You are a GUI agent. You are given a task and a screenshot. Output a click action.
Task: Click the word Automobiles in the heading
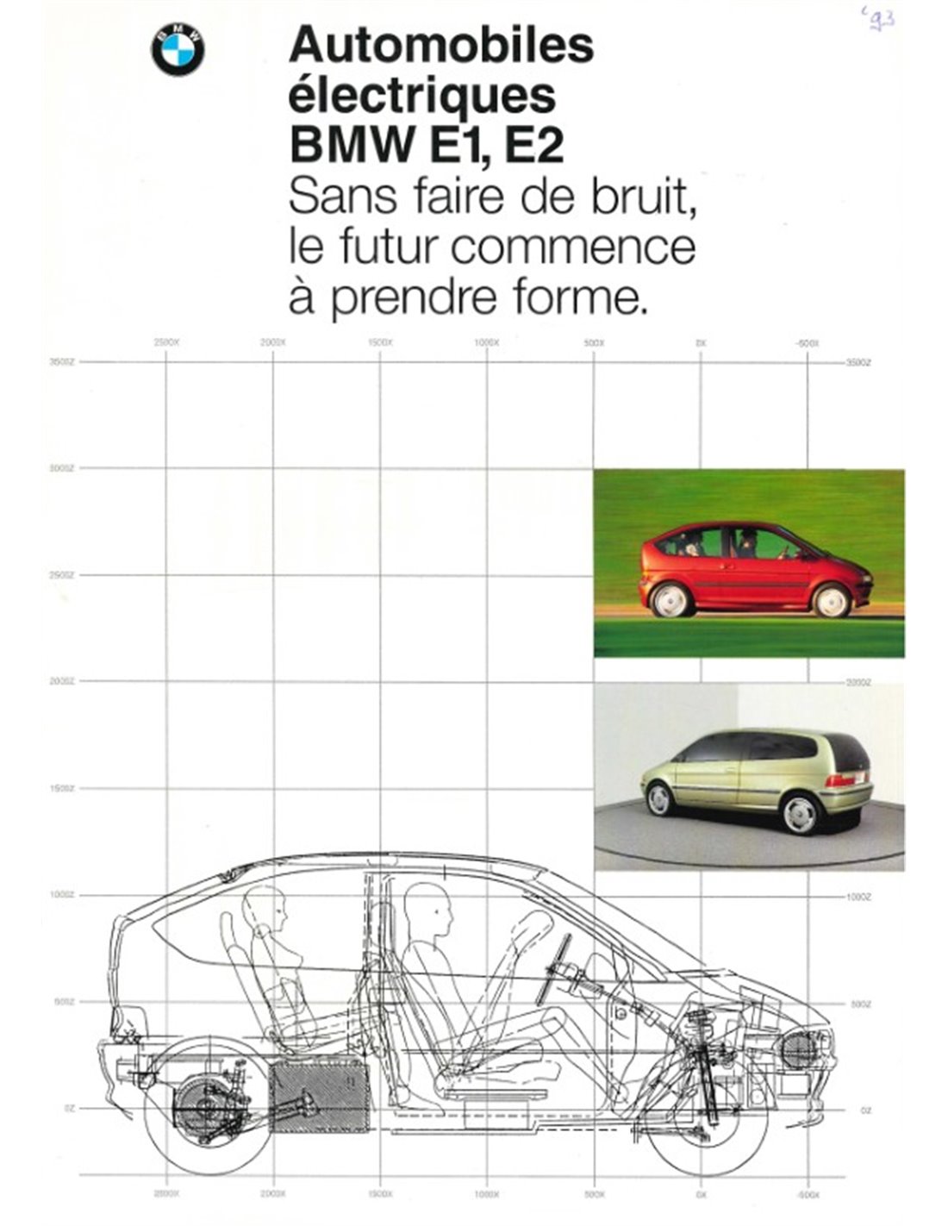[441, 45]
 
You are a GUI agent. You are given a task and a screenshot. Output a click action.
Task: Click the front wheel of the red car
[832, 600]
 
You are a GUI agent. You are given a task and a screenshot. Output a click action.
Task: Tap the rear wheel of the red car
[671, 600]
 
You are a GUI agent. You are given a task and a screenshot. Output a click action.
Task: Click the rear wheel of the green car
[798, 813]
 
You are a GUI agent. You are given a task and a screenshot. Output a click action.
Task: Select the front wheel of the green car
[659, 799]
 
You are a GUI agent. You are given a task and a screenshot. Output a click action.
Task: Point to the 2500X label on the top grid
[165, 342]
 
